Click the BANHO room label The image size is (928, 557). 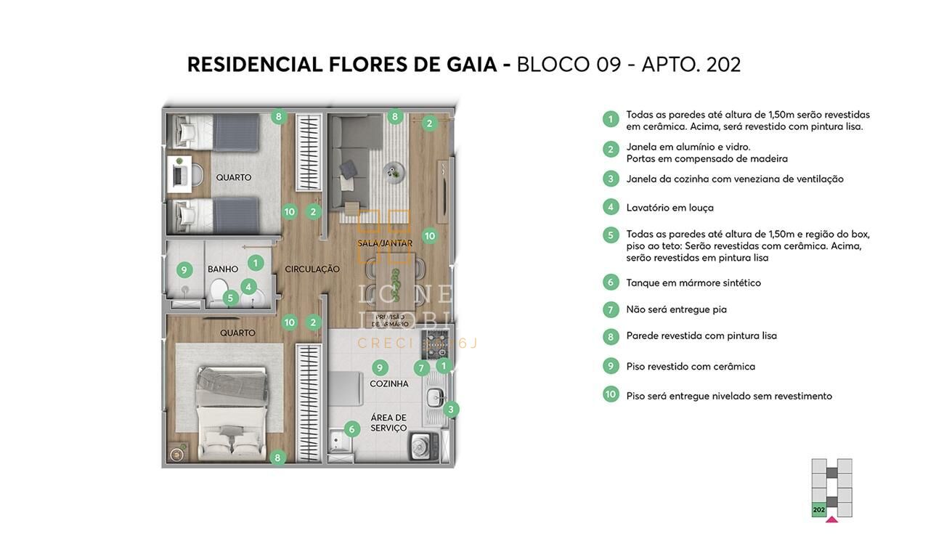(x=223, y=269)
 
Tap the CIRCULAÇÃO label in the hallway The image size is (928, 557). (x=312, y=269)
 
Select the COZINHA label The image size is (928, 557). (x=389, y=383)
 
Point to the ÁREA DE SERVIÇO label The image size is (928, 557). (x=389, y=423)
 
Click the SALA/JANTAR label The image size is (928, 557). (x=385, y=243)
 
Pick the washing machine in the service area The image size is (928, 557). (x=420, y=444)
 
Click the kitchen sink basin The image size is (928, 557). (x=435, y=397)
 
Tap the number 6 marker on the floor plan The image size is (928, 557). (x=351, y=429)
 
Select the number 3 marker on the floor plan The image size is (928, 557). (x=450, y=410)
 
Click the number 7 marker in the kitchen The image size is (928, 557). (x=421, y=368)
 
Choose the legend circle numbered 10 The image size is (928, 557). (x=611, y=394)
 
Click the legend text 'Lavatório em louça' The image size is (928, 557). (x=669, y=208)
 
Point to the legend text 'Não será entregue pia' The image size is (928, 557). (x=676, y=309)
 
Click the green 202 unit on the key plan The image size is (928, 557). (x=819, y=510)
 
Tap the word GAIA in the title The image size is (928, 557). (x=471, y=65)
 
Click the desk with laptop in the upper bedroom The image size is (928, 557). (x=179, y=174)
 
